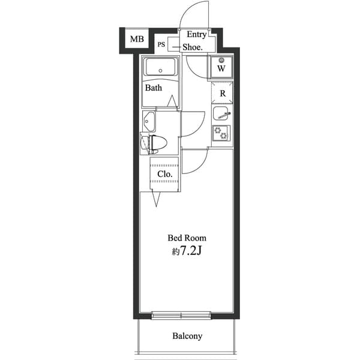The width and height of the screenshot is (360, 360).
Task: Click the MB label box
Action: [x=137, y=40]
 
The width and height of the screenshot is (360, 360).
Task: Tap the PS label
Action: [x=161, y=44]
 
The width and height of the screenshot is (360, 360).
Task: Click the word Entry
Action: [x=197, y=35]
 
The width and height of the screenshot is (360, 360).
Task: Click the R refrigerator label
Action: [x=222, y=93]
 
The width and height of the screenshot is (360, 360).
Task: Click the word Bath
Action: [x=154, y=88]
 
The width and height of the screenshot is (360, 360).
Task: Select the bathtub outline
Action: [x=161, y=67]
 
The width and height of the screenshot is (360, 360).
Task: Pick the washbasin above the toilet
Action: [x=149, y=122]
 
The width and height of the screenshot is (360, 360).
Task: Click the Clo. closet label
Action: [x=165, y=174]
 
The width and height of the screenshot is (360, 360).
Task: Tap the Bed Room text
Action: [x=187, y=238]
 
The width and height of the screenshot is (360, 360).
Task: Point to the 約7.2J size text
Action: [x=186, y=251]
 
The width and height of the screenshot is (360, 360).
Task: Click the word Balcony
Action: [x=187, y=337]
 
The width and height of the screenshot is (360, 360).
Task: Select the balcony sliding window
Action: [x=181, y=314]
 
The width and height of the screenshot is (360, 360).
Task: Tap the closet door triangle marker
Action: [x=156, y=199]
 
